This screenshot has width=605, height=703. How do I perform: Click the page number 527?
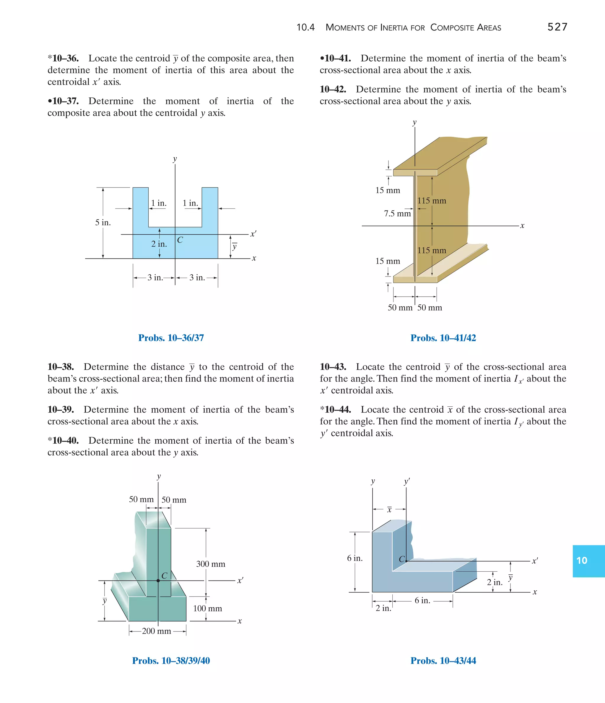[557, 27]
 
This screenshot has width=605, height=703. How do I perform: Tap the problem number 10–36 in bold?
[65, 58]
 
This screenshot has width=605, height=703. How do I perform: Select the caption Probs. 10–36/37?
[171, 338]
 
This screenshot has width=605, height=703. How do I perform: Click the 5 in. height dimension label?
[103, 223]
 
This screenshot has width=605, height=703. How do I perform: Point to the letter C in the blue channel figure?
[180, 240]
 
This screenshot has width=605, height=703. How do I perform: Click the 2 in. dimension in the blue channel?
[159, 244]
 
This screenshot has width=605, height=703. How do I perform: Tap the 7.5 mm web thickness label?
[397, 214]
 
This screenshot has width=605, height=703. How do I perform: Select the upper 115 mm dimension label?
[432, 201]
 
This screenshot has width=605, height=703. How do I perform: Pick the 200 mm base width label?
[156, 631]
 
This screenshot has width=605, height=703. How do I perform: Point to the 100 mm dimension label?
[207, 608]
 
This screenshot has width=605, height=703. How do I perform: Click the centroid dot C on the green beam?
[158, 581]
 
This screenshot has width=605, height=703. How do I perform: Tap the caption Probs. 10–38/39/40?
[171, 661]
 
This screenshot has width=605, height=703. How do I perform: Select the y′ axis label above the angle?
[407, 481]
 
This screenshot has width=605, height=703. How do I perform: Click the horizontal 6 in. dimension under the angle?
[422, 601]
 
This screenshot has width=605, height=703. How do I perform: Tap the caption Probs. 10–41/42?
[443, 338]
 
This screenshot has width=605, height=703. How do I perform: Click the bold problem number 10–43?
[333, 367]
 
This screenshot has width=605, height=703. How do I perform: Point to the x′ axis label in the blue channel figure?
[253, 234]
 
